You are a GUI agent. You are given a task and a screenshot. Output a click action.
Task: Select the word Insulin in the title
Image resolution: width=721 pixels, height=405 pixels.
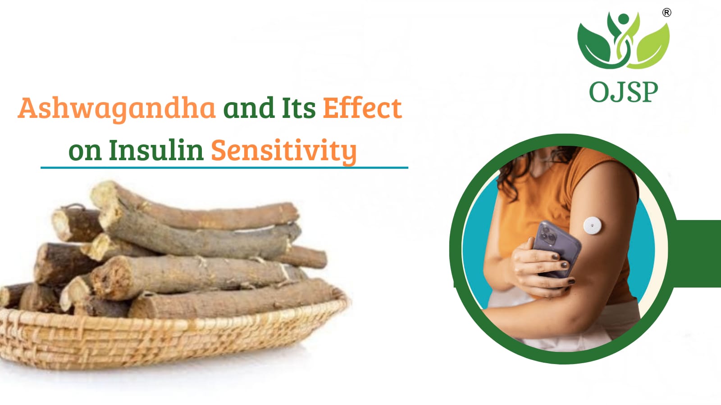(156, 150)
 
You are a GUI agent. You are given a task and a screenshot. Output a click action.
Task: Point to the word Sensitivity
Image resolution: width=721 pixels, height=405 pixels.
(284, 152)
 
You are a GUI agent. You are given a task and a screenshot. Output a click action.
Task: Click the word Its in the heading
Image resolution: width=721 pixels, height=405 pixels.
(299, 108)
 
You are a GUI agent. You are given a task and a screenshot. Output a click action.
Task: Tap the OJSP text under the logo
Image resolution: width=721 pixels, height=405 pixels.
(624, 92)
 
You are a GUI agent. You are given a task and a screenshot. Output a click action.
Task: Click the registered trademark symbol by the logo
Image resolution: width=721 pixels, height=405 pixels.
(666, 13)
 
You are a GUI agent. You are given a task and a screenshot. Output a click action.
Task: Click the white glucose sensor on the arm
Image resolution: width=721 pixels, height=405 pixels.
(593, 225)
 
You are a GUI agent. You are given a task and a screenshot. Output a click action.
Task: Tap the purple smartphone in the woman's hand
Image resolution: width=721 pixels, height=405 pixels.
(557, 248)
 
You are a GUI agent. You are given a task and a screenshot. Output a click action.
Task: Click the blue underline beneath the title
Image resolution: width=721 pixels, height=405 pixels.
(224, 167)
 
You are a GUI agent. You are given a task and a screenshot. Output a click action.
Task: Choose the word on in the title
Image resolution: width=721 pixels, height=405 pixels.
(85, 152)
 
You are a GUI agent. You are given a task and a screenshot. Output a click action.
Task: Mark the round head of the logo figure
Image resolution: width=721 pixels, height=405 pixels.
(624, 18)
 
